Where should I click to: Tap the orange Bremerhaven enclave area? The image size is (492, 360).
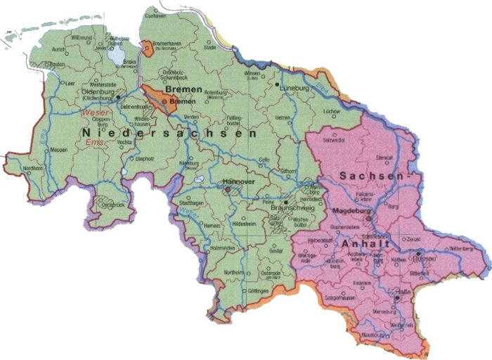(x=148, y=48)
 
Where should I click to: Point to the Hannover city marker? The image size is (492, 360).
(x=228, y=189)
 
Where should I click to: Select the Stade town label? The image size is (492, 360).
(x=209, y=48)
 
